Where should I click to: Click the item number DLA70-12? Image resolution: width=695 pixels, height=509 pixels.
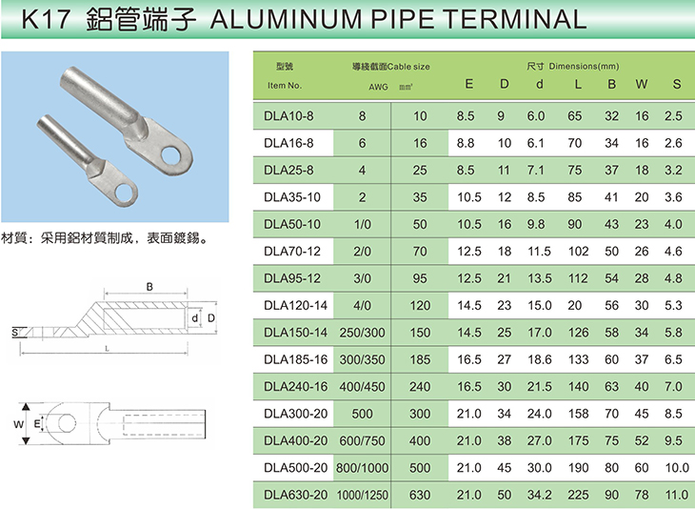pos(291,252)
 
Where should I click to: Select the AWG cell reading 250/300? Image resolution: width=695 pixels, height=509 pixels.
pos(362,333)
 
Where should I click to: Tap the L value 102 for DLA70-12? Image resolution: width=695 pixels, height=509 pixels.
pos(578,252)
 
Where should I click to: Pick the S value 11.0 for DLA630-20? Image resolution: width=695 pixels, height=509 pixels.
pos(676,495)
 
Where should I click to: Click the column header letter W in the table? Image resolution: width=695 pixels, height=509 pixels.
pos(642,84)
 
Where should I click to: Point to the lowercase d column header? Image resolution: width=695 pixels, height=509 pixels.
pos(539,84)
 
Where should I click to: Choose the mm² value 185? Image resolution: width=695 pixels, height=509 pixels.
pos(420,360)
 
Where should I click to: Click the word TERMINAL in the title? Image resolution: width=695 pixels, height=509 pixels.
pos(514,19)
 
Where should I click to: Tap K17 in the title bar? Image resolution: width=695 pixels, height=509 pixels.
pos(46,19)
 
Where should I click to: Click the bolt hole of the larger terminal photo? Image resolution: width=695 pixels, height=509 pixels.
pos(171,155)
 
